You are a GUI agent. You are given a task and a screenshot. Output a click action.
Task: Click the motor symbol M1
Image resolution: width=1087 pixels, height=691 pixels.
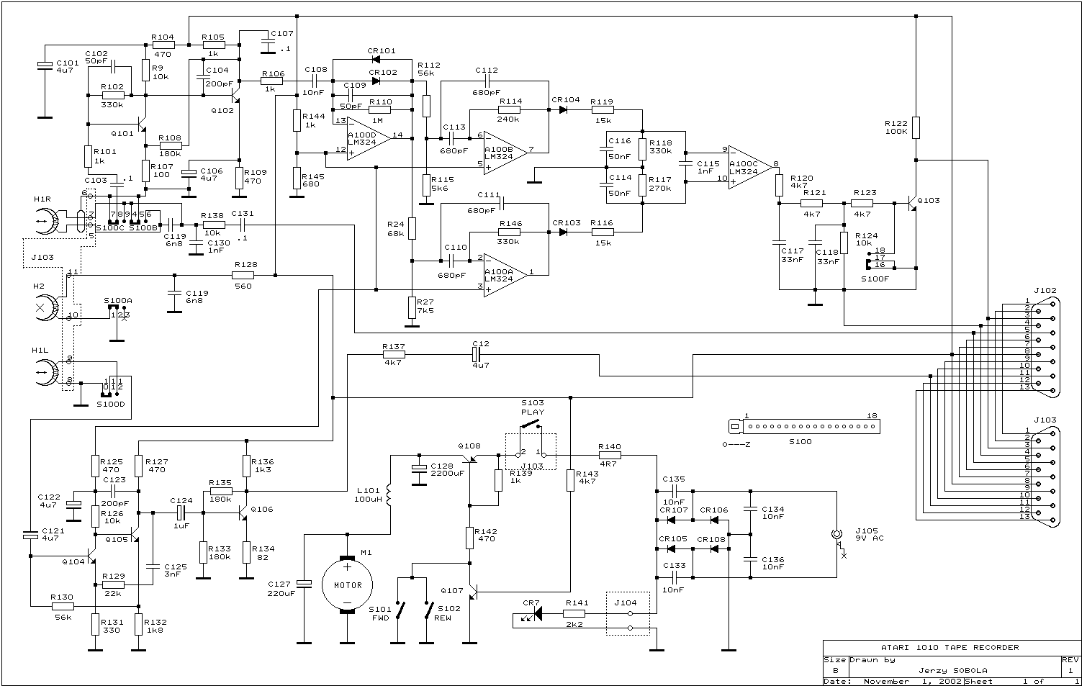[347, 584]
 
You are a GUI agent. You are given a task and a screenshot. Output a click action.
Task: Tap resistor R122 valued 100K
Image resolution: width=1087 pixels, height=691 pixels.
[916, 127]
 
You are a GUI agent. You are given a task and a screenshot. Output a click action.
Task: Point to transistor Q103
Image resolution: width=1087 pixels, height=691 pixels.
[912, 204]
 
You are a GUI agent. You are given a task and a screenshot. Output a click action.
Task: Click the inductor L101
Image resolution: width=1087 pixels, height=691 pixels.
[390, 496]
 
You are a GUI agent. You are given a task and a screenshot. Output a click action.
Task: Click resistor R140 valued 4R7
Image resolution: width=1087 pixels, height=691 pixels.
[610, 455]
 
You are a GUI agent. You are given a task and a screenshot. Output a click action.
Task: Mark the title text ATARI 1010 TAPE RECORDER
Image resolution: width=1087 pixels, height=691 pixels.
[950, 647]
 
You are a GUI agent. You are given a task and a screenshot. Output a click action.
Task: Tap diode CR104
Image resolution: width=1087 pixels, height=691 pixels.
[562, 109]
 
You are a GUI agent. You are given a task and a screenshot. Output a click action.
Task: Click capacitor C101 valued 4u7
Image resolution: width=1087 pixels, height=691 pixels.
[44, 67]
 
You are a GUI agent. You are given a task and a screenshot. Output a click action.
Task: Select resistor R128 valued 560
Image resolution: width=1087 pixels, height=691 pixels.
[243, 274]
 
